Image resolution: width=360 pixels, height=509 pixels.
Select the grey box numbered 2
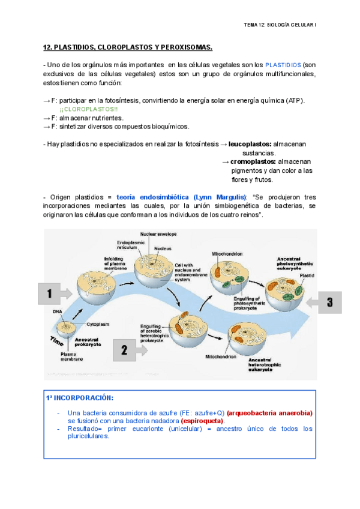pos(124,349)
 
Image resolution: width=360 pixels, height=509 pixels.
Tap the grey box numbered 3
pos(329,302)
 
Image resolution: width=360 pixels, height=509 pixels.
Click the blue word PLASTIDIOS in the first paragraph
pos(283,64)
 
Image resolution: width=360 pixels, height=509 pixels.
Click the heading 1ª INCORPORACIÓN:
pos(79,397)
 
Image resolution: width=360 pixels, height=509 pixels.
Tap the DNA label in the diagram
pos(57,312)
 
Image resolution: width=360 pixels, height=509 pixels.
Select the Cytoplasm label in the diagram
pos(97,324)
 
